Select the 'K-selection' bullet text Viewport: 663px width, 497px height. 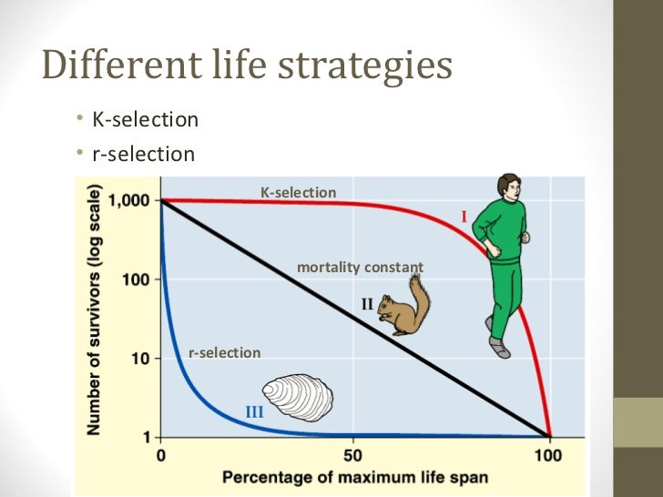click(x=145, y=119)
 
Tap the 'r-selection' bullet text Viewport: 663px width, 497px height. click(x=143, y=154)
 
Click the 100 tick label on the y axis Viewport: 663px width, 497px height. click(x=138, y=279)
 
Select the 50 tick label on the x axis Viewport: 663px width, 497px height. click(x=352, y=454)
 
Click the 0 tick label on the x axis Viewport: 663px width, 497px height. click(x=161, y=454)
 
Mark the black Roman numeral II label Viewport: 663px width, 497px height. click(x=367, y=304)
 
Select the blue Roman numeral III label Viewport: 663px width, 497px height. click(x=255, y=411)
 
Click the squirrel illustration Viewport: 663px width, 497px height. click(x=404, y=305)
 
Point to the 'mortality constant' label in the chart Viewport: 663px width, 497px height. click(x=360, y=268)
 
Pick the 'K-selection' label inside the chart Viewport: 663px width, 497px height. click(x=298, y=193)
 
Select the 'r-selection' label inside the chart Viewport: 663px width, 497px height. click(x=224, y=352)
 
